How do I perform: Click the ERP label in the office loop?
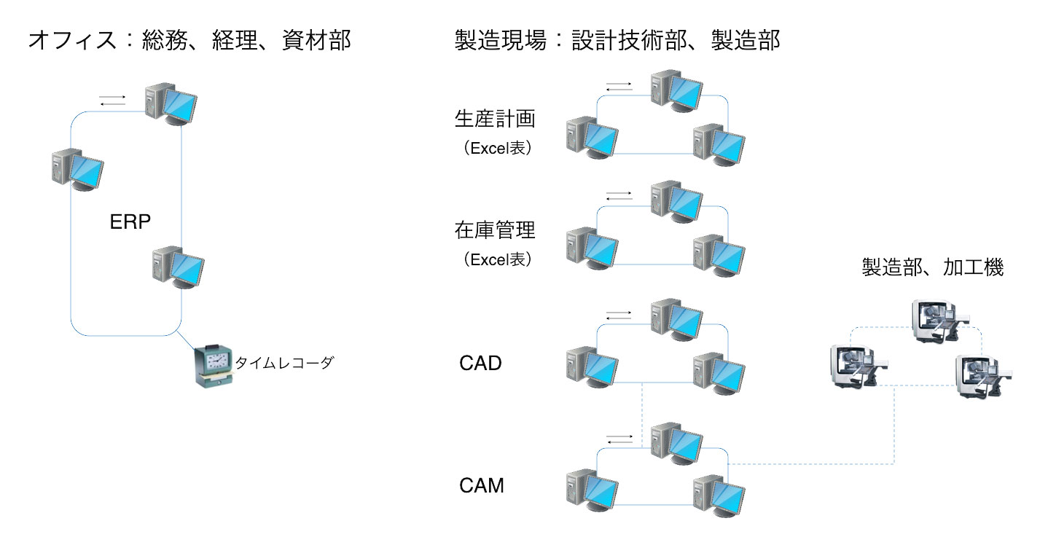pos(130,222)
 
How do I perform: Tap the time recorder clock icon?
pos(213,364)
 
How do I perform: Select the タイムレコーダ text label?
pos(283,362)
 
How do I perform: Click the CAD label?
pos(480,362)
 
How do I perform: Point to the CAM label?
pos(482,485)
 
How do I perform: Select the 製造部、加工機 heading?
pos(933,267)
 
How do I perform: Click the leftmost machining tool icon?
pos(857,366)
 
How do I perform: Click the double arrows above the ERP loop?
pos(113,101)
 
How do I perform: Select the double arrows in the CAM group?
pos(619,439)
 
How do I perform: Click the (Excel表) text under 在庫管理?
pos(497,259)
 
